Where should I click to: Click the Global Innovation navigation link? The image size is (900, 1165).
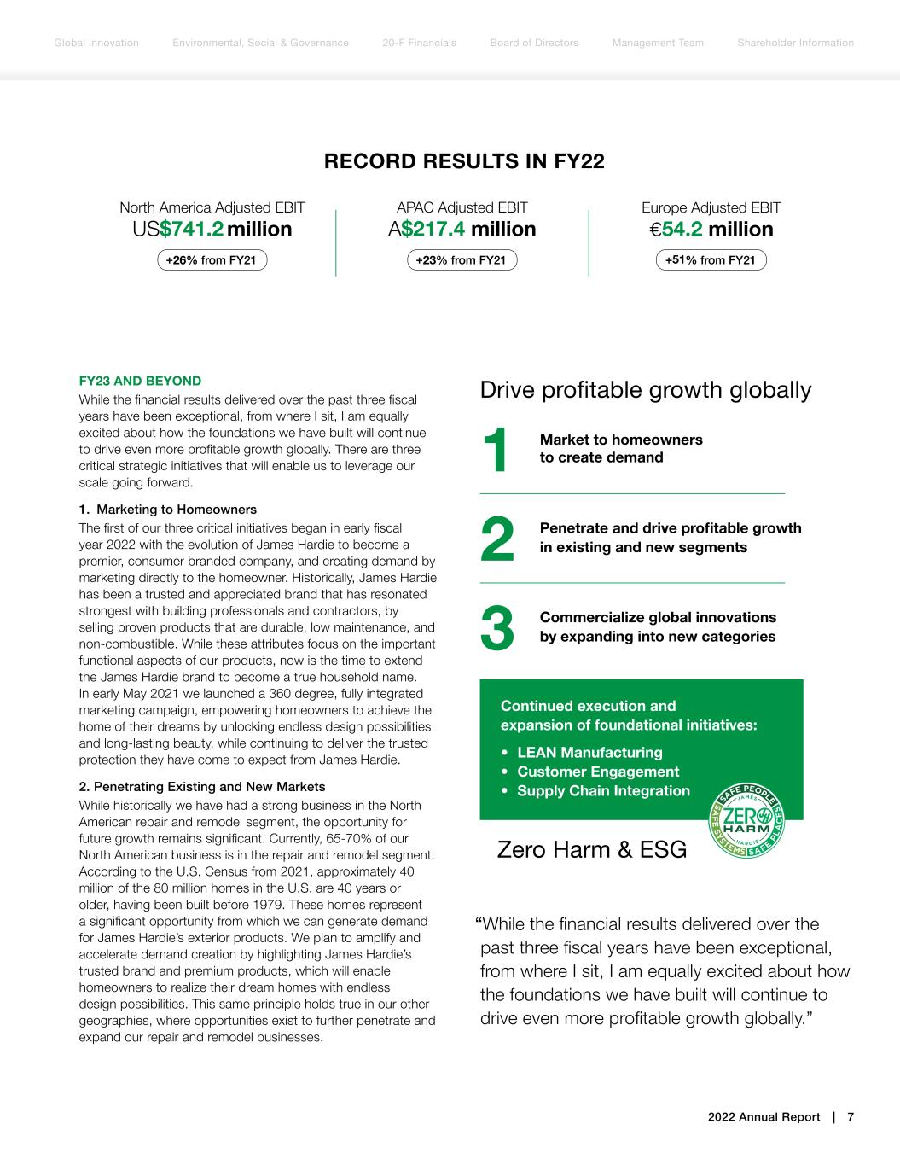96,43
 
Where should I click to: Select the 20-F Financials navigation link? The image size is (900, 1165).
419,43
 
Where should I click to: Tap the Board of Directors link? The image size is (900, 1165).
534,43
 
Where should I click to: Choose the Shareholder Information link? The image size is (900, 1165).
795,43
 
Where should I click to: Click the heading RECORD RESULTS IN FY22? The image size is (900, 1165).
464,161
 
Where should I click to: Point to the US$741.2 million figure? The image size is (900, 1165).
212,230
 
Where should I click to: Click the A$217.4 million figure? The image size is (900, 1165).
462,230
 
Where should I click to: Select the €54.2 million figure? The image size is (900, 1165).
711,230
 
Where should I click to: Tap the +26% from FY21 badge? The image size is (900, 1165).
212,260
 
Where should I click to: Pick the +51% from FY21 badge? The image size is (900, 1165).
711,260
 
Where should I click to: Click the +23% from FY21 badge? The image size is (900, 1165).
462,260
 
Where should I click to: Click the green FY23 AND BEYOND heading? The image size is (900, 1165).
140,381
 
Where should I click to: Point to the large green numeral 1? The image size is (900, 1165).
495,450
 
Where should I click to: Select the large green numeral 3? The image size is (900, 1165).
497,628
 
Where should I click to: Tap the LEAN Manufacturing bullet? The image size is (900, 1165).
589,753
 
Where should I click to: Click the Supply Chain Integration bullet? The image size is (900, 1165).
603,791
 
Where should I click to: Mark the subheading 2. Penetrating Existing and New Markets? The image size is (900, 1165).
201,786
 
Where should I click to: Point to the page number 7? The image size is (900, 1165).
851,1117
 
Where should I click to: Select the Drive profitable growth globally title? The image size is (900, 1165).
646,390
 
